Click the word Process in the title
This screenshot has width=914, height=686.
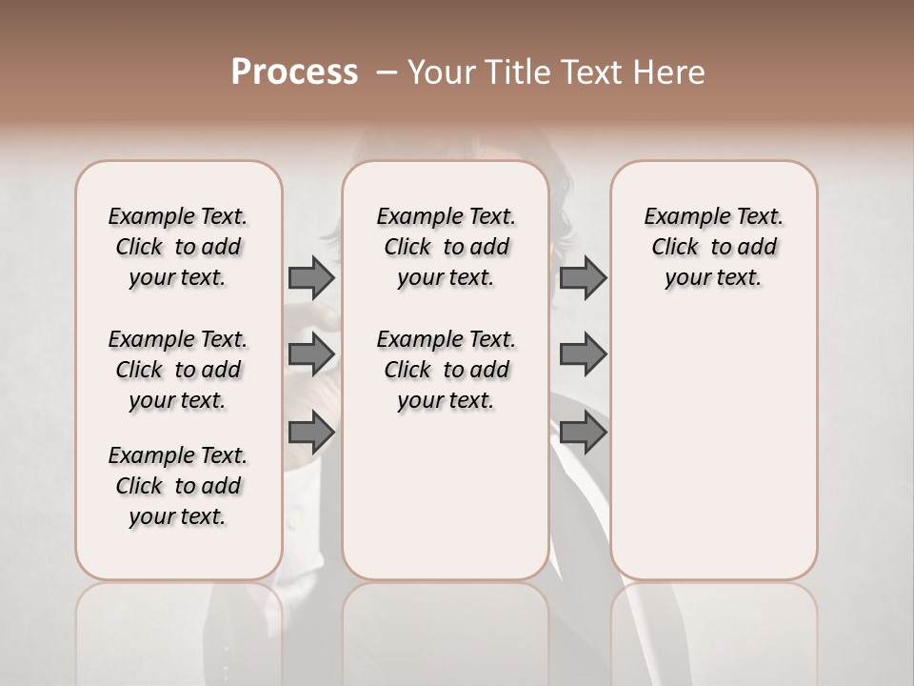pyautogui.click(x=294, y=72)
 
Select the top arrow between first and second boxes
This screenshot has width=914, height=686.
pyautogui.click(x=311, y=277)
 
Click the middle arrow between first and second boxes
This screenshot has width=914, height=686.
pyautogui.click(x=311, y=353)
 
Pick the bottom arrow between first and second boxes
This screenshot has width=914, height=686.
pyautogui.click(x=311, y=433)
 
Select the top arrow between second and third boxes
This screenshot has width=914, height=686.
pyautogui.click(x=583, y=277)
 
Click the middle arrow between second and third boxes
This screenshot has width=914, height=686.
pyautogui.click(x=583, y=353)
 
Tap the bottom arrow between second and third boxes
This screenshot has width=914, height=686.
pyautogui.click(x=583, y=433)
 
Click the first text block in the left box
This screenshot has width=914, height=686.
pyautogui.click(x=178, y=247)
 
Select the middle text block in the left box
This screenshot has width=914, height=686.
pyautogui.click(x=178, y=370)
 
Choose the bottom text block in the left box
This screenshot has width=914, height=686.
pyautogui.click(x=178, y=486)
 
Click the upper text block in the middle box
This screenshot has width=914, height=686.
pyautogui.click(x=447, y=247)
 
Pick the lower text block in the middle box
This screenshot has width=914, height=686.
pyautogui.click(x=447, y=370)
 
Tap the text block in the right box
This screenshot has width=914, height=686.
pyautogui.click(x=714, y=247)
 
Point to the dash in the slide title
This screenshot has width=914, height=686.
pyautogui.click(x=386, y=72)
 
